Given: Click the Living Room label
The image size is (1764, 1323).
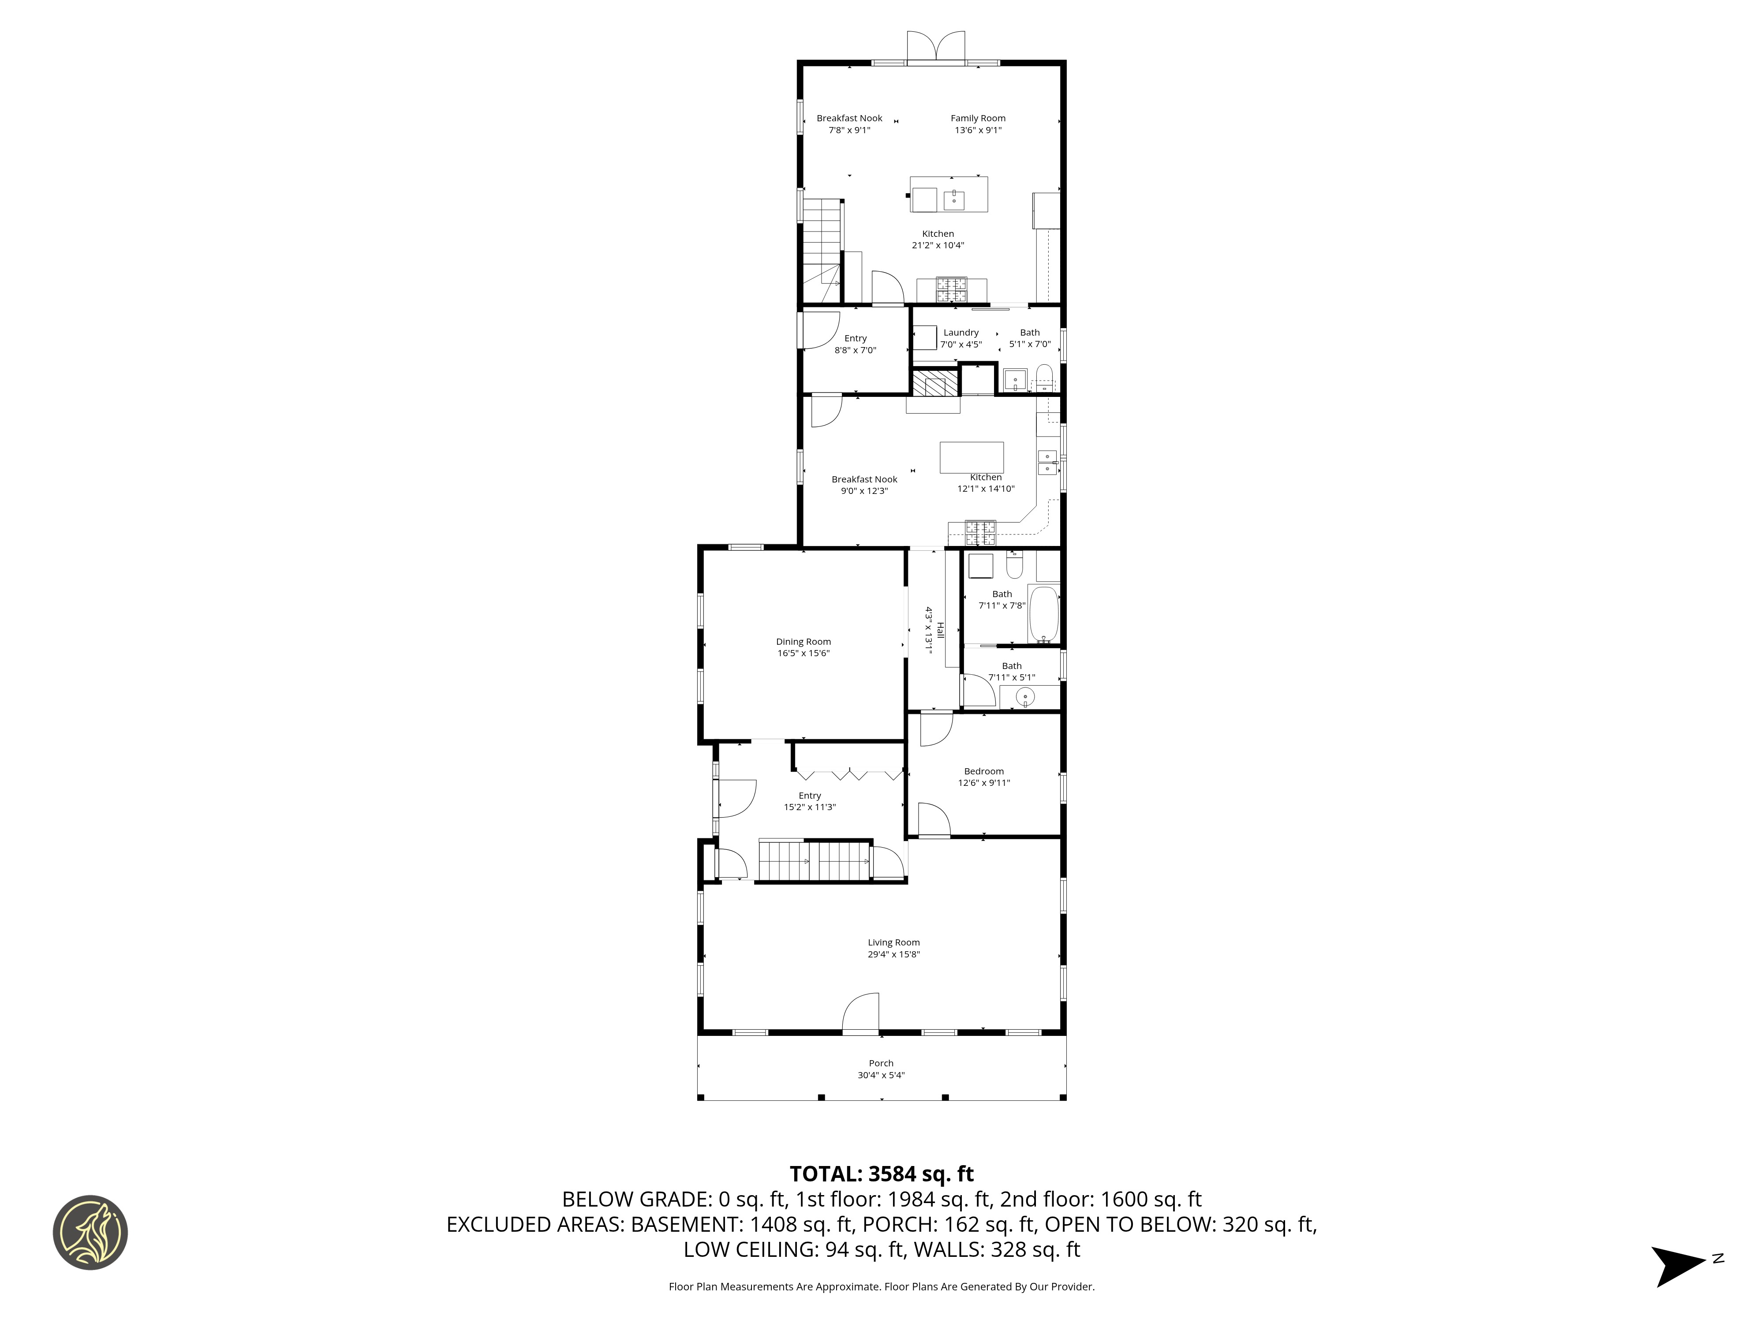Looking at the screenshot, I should pos(893,942).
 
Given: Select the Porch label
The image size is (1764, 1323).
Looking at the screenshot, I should pos(880,1063).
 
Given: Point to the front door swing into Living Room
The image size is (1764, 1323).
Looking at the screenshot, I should pos(861,1013).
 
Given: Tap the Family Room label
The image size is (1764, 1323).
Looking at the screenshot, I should pos(978,118).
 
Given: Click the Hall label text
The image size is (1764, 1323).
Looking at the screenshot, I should pos(939,630).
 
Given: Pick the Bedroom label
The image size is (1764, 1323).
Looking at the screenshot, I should pos(983,771).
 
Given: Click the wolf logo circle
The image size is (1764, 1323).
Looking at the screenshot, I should pos(90,1232).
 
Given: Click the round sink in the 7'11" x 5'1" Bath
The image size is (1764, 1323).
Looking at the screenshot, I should pos(1025,698).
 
